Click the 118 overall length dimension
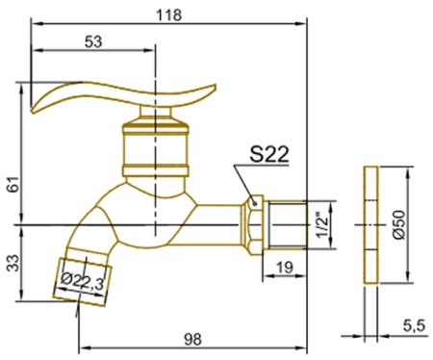(x=168, y=15)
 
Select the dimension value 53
(x=93, y=41)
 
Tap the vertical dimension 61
(x=13, y=184)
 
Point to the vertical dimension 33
(x=13, y=263)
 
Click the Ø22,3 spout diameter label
(x=83, y=281)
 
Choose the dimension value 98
(x=192, y=339)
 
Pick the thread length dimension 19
(x=284, y=267)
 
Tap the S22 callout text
(x=269, y=154)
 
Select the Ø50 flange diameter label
(x=399, y=224)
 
